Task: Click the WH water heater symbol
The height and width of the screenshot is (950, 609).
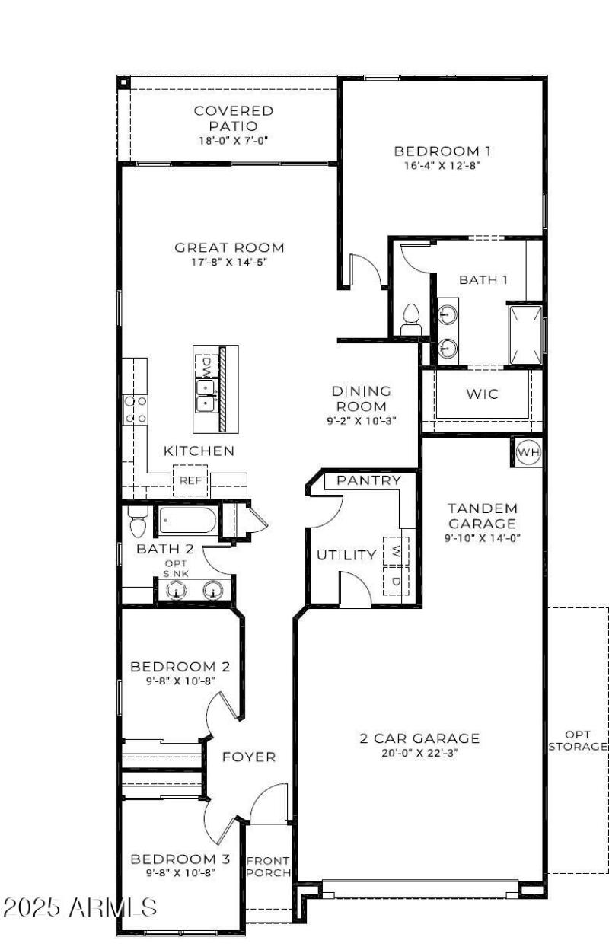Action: coord(528,453)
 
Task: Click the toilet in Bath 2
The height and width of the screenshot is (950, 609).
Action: coord(138,522)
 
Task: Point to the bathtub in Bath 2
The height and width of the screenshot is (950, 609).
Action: coord(187,521)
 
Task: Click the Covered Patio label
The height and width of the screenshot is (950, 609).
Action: coord(234,118)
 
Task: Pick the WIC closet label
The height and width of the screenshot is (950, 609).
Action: coord(482,394)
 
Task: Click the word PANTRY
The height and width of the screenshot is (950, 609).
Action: coord(368,480)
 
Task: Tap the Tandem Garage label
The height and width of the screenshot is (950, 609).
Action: coord(482,515)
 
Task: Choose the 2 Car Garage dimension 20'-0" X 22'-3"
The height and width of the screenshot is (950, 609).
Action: coord(419,754)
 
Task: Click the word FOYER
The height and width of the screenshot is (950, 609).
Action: coord(249,757)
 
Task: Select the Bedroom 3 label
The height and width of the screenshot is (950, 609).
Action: coord(180,859)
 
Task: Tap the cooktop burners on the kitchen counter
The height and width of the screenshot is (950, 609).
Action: coord(136,409)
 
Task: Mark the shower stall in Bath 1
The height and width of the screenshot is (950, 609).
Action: coord(525,335)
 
